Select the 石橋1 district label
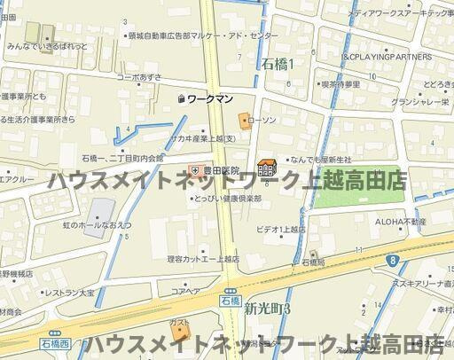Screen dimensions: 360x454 tap(278, 63)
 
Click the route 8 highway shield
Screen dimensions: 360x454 tap(391, 259)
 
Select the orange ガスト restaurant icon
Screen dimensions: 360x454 tap(182, 332)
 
